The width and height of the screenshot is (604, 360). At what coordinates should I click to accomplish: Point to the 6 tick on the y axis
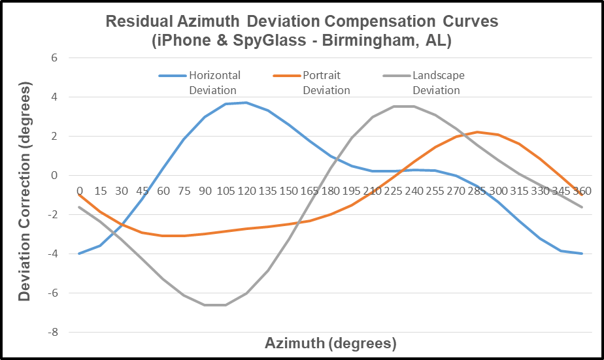tap(54, 57)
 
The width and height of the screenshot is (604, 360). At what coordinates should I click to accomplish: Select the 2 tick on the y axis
tap(54, 136)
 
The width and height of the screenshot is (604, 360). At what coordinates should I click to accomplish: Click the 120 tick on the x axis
tap(246, 191)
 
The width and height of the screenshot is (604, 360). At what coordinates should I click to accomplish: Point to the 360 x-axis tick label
tap(582, 191)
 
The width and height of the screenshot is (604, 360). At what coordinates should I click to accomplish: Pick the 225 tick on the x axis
tap(393, 191)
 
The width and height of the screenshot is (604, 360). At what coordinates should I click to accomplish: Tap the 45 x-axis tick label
tap(142, 191)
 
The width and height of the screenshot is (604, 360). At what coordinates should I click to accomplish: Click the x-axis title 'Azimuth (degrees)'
tap(331, 343)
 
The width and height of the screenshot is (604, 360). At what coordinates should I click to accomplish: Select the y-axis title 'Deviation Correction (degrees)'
tap(25, 195)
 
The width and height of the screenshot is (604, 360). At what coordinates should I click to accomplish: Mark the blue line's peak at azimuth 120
tap(246, 103)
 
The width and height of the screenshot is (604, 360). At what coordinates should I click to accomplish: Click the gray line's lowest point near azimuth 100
tap(215, 305)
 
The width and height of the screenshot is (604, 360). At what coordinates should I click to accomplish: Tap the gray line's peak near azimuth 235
tap(403, 106)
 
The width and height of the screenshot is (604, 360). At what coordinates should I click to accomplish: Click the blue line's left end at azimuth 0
tap(79, 254)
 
